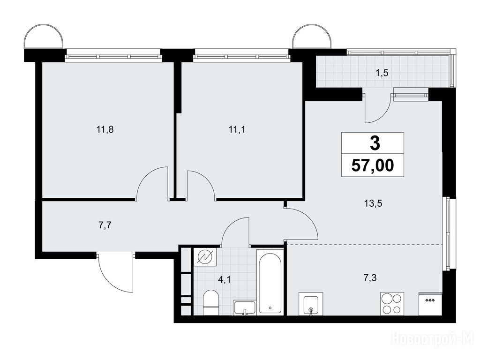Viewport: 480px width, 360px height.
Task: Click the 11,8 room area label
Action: click(105, 130)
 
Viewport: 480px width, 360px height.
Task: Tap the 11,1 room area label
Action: click(237, 130)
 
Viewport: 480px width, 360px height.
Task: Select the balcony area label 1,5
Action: click(382, 73)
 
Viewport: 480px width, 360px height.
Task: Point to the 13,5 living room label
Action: click(373, 203)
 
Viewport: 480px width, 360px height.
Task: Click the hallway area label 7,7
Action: click(105, 225)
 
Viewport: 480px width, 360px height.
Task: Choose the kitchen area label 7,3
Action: click(370, 278)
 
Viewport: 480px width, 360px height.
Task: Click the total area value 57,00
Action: click(373, 165)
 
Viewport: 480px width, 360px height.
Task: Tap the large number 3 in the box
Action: click(375, 143)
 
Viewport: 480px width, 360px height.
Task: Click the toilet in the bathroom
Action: click(211, 302)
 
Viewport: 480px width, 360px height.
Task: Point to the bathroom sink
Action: click(244, 307)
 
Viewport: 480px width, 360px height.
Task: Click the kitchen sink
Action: click(311, 304)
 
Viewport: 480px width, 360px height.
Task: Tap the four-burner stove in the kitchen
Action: click(392, 304)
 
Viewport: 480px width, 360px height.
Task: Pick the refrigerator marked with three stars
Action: click(430, 304)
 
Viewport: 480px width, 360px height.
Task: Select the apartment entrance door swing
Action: click(116, 272)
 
